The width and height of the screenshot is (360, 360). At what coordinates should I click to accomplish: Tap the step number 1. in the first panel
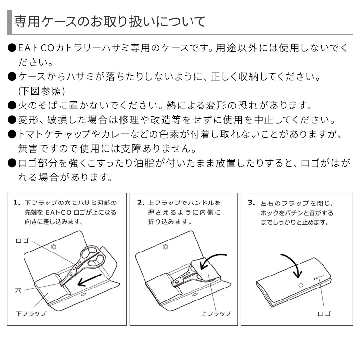pos(17,203)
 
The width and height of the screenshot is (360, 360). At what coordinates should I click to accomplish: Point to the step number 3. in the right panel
pos(252,203)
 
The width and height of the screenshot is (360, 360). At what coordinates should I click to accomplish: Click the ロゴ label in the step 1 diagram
pos(23,240)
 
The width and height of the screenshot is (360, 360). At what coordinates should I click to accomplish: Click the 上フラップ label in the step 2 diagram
pos(216,313)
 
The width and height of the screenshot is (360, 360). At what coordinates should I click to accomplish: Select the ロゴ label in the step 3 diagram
pos(324,313)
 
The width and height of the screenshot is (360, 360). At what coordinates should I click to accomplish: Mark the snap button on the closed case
pos(301,285)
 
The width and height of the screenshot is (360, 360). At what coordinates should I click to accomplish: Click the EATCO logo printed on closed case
pos(319,278)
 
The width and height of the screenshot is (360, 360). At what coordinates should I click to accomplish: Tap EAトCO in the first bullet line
pos(34,48)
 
